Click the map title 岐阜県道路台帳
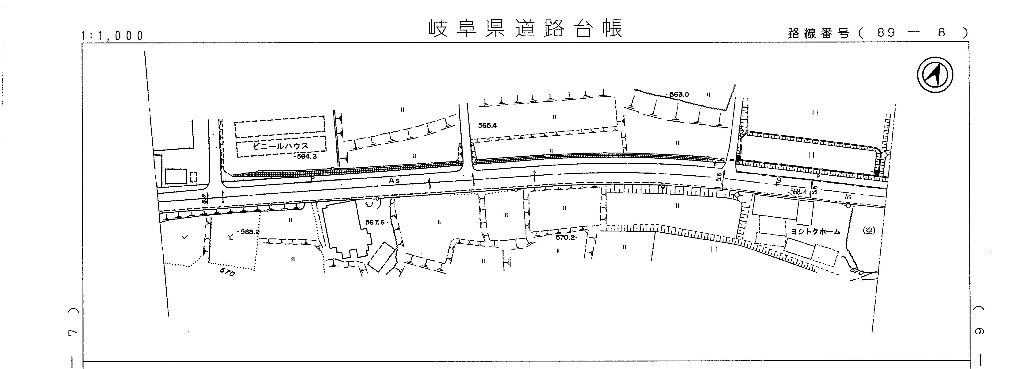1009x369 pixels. pyautogui.click(x=525, y=28)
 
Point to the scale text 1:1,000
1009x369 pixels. pyautogui.click(x=112, y=36)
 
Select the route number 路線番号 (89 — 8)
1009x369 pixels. pyautogui.click(x=877, y=33)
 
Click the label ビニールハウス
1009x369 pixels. pyautogui.click(x=280, y=146)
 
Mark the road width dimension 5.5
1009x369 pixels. pyautogui.click(x=204, y=199)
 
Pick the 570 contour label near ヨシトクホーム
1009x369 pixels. pyautogui.click(x=857, y=271)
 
